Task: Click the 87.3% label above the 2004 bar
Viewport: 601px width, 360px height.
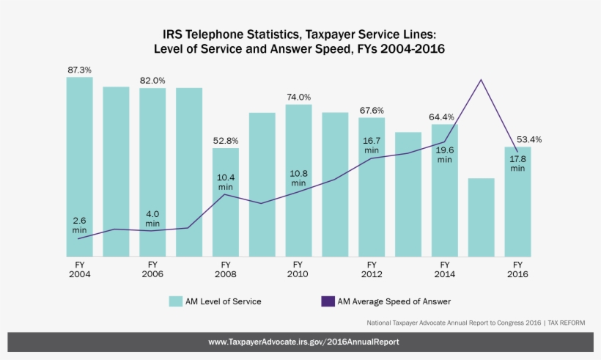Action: [x=79, y=70]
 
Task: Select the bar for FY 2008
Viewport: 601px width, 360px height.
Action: [x=226, y=220]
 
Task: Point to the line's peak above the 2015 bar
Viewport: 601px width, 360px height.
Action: [x=481, y=80]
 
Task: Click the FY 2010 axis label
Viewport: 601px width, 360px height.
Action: [x=298, y=269]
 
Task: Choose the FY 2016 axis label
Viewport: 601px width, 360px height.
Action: [x=517, y=269]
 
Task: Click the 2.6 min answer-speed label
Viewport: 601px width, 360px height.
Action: [x=79, y=225]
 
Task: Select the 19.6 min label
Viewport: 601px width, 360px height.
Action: [x=444, y=154]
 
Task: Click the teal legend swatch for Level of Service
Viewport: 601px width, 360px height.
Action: [x=175, y=301]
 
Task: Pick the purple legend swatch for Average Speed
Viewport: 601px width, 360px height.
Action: [x=328, y=301]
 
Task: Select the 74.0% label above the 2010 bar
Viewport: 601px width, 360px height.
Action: [x=298, y=97]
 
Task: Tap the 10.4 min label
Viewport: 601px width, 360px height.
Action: [x=226, y=182]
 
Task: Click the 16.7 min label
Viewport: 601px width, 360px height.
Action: [x=372, y=144]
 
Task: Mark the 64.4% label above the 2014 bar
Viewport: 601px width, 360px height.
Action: [x=441, y=117]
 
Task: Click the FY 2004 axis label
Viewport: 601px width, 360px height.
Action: [x=79, y=269]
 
